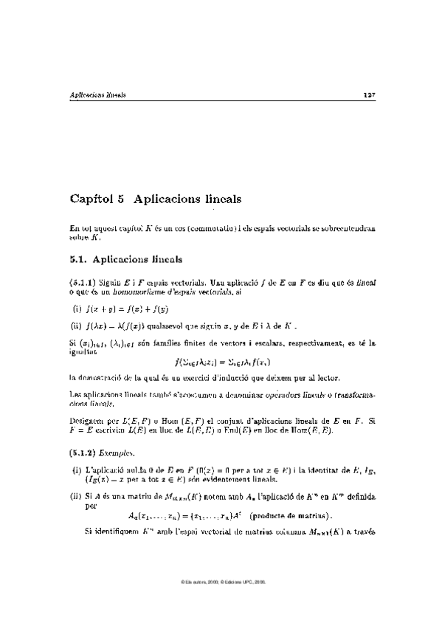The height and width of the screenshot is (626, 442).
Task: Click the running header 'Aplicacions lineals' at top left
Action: click(97, 95)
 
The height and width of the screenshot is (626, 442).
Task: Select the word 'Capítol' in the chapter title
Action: click(89, 199)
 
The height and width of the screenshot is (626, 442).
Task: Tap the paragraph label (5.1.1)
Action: click(83, 283)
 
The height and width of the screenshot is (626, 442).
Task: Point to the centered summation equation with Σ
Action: click(221, 362)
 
